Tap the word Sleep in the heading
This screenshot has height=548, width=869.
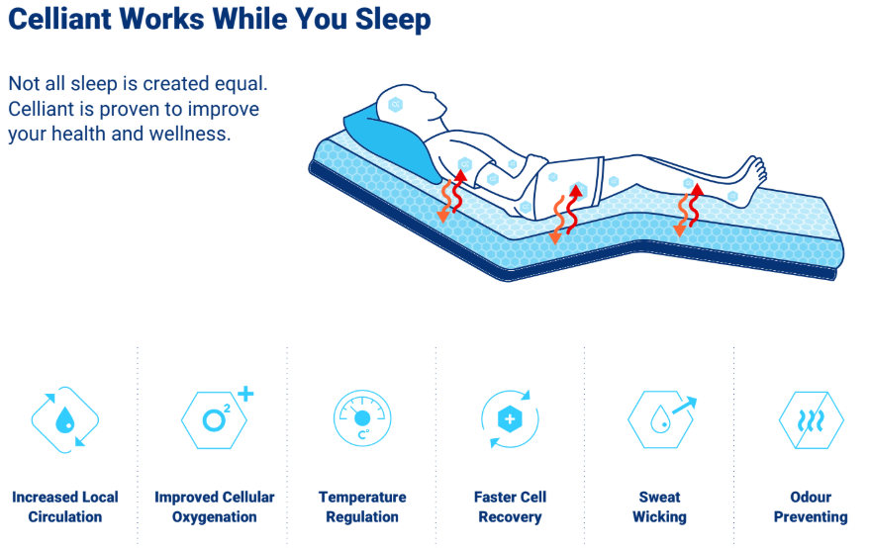(392, 21)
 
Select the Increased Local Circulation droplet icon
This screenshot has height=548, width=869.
(65, 419)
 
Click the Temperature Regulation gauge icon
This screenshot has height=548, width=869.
(362, 417)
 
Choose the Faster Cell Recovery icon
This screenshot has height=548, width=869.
(510, 418)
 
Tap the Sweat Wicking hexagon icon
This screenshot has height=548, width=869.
(660, 419)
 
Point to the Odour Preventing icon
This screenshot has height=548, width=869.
(811, 420)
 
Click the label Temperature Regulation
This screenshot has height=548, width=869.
(362, 506)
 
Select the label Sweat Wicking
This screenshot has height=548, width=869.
(659, 506)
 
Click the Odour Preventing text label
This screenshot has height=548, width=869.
(811, 506)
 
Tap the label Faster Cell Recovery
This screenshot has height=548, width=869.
(510, 506)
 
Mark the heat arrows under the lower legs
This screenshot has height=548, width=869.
(688, 210)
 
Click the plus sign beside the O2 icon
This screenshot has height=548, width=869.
(245, 394)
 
